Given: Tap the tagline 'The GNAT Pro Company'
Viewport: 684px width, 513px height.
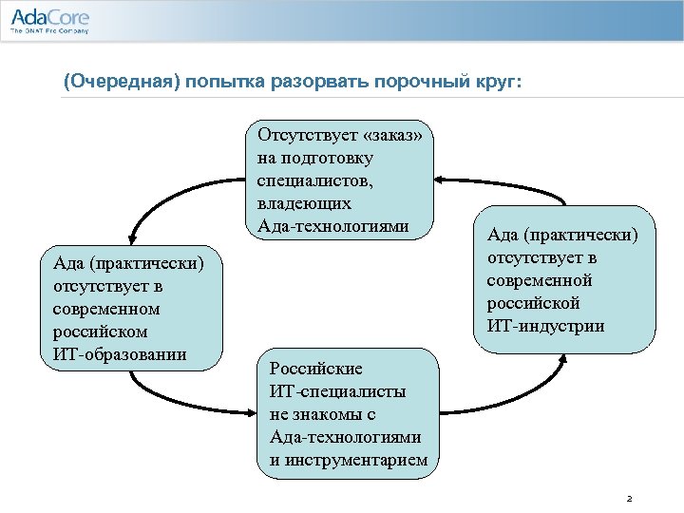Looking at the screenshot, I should [x=48, y=31].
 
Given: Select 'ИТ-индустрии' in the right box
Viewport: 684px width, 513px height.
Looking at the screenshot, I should [x=545, y=326].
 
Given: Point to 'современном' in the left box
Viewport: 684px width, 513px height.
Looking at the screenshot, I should [x=107, y=310].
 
